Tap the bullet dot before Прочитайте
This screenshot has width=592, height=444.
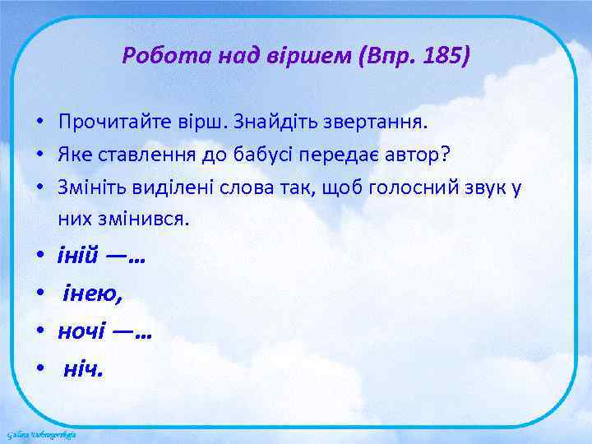39,123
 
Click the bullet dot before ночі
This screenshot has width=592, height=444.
39,332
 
